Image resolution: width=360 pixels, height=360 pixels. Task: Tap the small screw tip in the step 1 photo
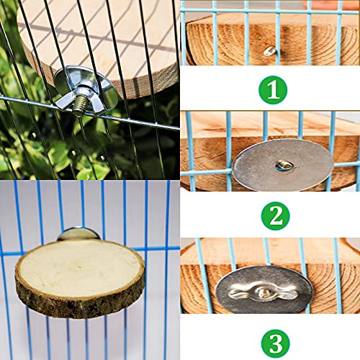pyautogui.click(x=269, y=51)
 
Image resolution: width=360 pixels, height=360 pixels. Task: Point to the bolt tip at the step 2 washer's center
pyautogui.click(x=284, y=166)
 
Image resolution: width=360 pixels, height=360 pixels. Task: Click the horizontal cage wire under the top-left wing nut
pyautogui.click(x=43, y=102)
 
